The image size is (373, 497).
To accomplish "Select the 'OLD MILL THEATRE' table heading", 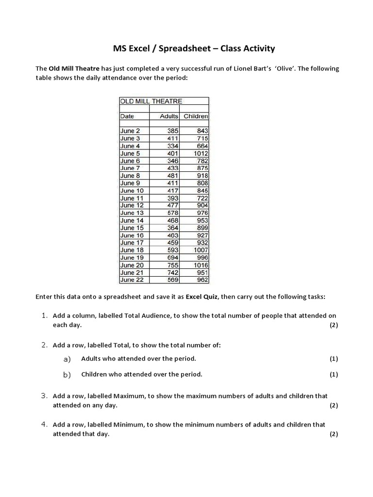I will pos(151,101).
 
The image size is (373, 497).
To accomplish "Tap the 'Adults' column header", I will pos(169,116).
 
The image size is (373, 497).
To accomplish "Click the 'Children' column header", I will pos(195,116).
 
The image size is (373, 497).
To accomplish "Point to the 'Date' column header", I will pos(127,116).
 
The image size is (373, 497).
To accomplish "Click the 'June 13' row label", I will pos(132,213).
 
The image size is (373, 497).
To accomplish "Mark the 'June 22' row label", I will pos(132,280).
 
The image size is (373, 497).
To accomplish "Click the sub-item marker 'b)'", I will pos(67,375).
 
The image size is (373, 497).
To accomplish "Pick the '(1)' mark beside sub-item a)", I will pos(334,359).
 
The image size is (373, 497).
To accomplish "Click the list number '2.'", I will pos(44,345).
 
